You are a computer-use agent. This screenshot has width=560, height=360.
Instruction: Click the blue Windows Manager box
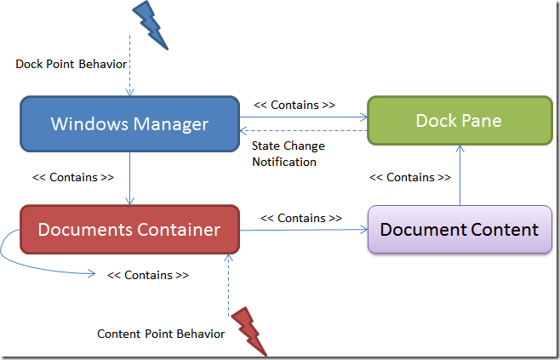tap(129, 124)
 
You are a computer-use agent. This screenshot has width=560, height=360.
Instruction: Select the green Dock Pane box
tap(459, 121)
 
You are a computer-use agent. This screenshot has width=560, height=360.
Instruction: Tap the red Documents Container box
tap(129, 230)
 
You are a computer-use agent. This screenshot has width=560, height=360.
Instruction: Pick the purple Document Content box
tap(459, 230)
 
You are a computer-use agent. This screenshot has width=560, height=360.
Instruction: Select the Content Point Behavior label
tap(161, 334)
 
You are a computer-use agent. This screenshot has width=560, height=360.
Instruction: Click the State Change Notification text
tap(288, 153)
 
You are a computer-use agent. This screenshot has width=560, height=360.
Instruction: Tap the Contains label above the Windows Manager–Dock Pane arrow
tap(294, 106)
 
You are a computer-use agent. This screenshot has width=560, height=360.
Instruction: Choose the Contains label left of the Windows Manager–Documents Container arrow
tap(73, 178)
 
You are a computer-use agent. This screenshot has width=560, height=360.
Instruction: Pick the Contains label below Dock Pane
tap(409, 178)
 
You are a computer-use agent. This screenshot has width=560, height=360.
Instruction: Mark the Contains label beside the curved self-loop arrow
tap(147, 276)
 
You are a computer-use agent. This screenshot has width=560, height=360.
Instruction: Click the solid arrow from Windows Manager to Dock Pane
tap(303, 117)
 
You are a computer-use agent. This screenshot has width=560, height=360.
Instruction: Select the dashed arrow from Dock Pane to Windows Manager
tap(303, 130)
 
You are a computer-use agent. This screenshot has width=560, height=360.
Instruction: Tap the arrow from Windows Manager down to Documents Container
tap(129, 178)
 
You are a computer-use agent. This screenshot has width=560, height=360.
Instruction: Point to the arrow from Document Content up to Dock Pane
tap(460, 175)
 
